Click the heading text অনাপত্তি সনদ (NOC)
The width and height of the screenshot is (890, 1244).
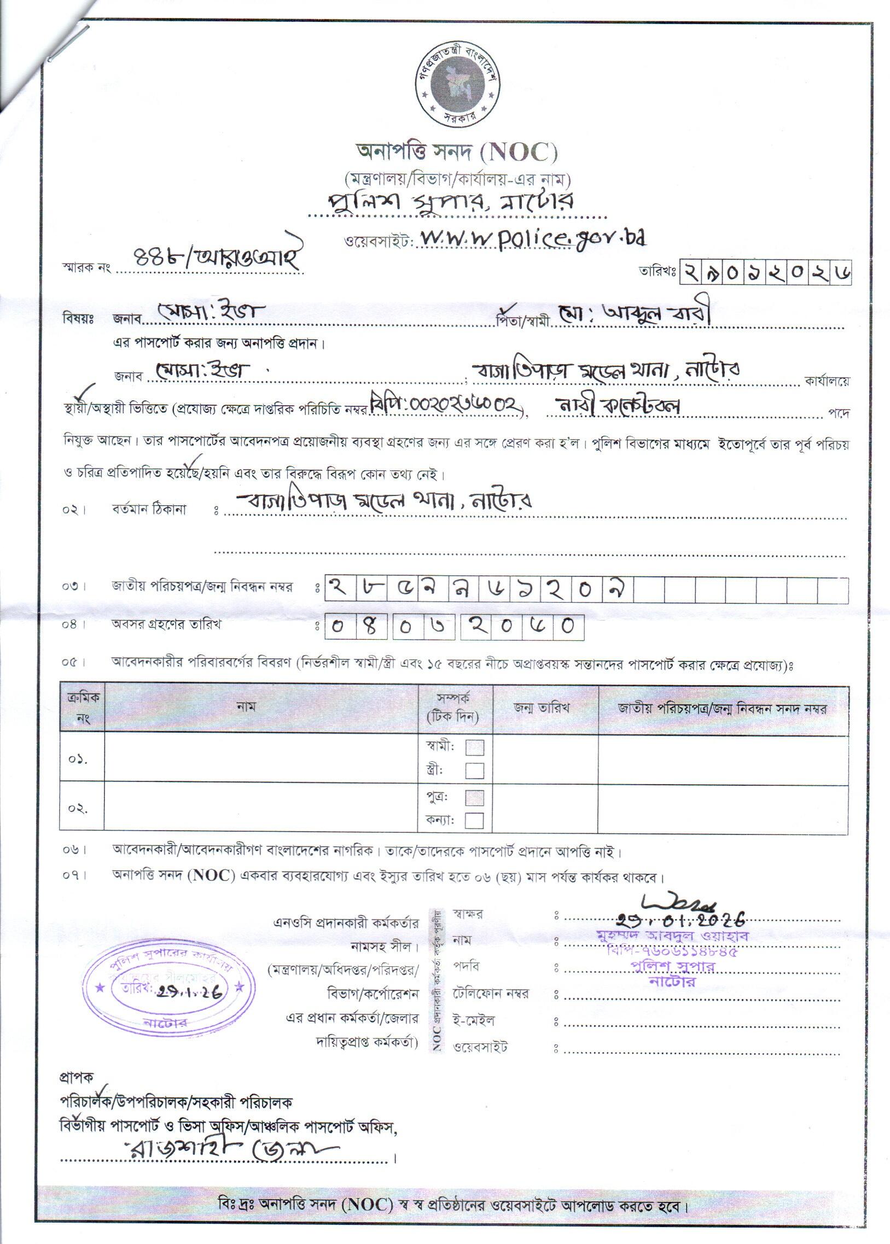[457, 152]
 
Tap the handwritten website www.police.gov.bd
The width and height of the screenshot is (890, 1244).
[532, 238]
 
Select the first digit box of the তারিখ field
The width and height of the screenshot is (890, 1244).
[690, 272]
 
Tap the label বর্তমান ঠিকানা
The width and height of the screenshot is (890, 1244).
[149, 510]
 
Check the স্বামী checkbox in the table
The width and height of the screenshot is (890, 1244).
[475, 747]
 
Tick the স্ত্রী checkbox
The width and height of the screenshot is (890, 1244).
[475, 770]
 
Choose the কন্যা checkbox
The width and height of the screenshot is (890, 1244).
[475, 820]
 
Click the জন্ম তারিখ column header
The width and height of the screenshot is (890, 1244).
[545, 708]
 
